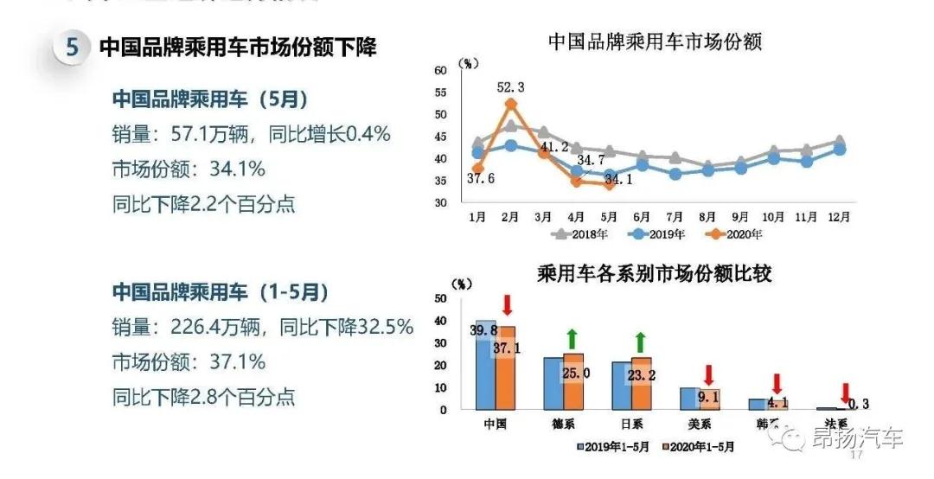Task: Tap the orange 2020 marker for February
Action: (x=511, y=104)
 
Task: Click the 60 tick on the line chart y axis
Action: (x=439, y=70)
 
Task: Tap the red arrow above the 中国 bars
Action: (x=508, y=305)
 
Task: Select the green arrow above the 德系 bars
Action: (x=572, y=340)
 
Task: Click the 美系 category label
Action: (x=698, y=425)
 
